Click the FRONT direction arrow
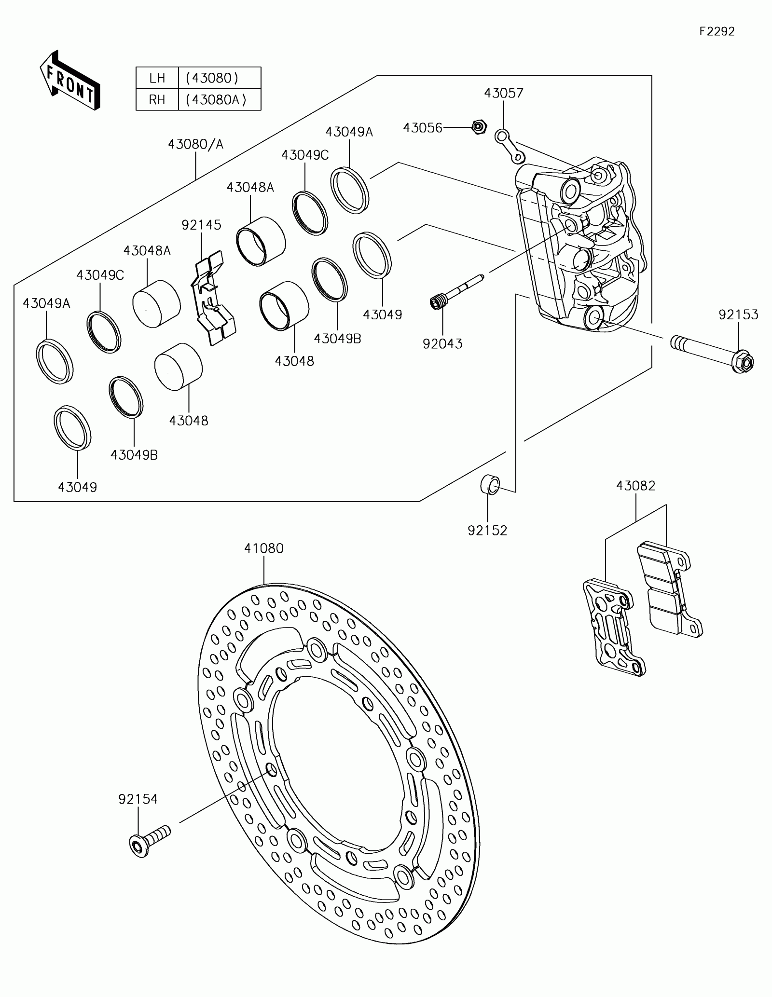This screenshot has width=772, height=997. pos(69,81)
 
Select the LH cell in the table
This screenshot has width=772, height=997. pos(157,78)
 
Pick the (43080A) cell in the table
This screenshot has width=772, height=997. pos(220,100)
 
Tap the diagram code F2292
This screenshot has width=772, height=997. pos(717,31)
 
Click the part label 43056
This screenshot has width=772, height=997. pos(423,128)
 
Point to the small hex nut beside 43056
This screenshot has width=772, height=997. pos(479,127)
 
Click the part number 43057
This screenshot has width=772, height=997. pos(504,93)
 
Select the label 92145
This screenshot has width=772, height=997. pos(201,225)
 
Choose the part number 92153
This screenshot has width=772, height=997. pos(738,315)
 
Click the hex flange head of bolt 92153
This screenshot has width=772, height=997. pos(743,362)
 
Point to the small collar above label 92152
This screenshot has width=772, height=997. pos(489,484)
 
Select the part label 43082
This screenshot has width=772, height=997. pos(635,486)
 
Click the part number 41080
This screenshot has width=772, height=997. pos(264,548)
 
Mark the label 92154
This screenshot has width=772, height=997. pos(138,799)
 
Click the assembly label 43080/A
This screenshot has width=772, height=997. pos(196,144)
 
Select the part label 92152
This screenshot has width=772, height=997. pos(487,531)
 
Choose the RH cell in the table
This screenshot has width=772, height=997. pos(157,100)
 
